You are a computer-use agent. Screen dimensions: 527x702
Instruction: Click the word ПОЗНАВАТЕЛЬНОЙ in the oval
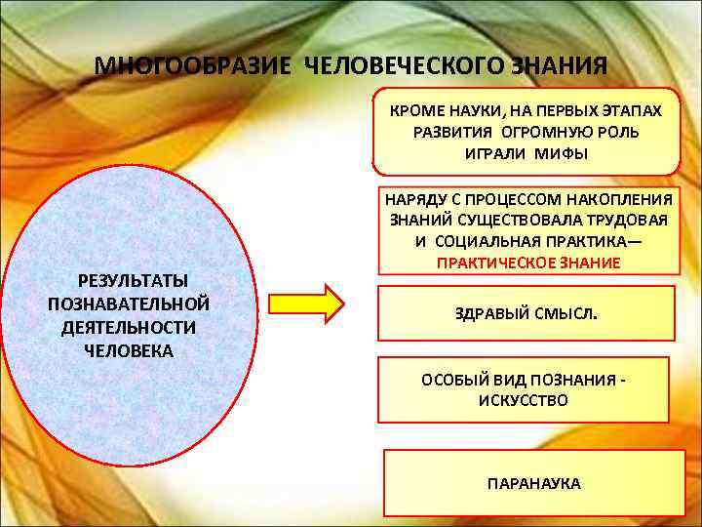click(129, 303)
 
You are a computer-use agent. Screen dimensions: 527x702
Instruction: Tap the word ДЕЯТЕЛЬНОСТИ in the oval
click(129, 327)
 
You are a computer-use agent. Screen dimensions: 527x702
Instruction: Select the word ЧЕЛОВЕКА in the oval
click(129, 351)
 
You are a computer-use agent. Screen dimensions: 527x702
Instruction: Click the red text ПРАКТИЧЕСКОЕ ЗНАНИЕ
click(528, 263)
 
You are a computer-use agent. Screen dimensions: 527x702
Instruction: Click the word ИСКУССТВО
click(524, 400)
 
